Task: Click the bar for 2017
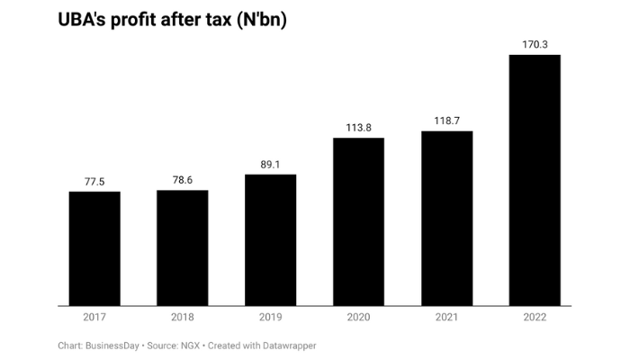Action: pos(94,248)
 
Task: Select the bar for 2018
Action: pos(183,247)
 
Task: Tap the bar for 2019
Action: pos(270,239)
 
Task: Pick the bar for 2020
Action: pos(358,221)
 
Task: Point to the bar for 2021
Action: pos(446,219)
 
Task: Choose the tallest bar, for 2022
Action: pos(535,180)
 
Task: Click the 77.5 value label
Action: pos(94,182)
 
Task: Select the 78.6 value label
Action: pos(183,181)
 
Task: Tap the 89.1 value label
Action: pos(270,165)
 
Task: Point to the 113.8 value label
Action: pos(358,128)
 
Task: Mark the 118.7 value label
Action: pos(446,121)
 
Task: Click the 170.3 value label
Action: pos(535,44)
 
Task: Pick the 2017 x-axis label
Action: pos(94,317)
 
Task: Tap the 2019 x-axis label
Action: pos(270,317)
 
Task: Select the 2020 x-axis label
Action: pos(358,317)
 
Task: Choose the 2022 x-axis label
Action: pos(535,317)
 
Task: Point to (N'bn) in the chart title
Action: pos(256,20)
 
